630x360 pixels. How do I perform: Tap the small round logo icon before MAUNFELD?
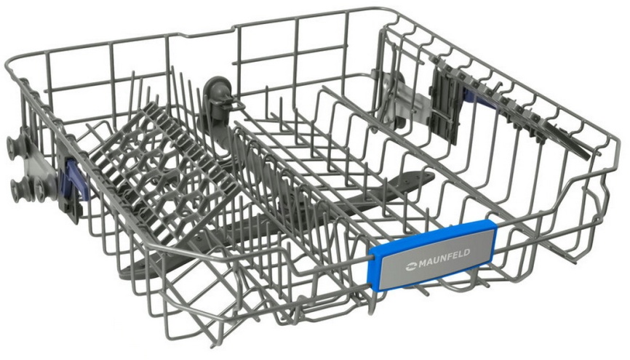[412, 266]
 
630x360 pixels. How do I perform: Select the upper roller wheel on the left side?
[16, 143]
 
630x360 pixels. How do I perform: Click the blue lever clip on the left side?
[77, 180]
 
